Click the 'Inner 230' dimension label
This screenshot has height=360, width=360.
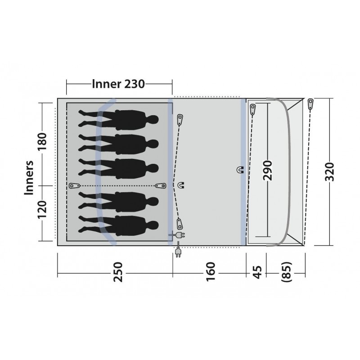coord(118,84)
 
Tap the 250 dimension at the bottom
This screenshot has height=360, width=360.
coord(118,272)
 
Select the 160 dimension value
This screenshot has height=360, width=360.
coord(211,272)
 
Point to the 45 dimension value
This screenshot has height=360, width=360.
coord(257,272)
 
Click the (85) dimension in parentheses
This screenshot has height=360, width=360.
coord(287,272)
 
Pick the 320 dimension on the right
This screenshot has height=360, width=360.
coord(329,172)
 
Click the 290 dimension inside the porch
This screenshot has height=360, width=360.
coord(267,171)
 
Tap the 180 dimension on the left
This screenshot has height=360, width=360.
coord(42,141)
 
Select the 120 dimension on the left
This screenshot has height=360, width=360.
coord(42,210)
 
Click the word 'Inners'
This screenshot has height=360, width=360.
coord(29,178)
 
